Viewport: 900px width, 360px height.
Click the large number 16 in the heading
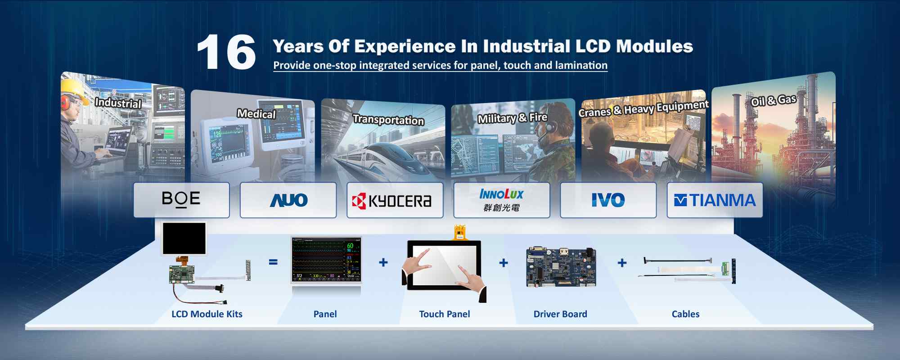(226, 53)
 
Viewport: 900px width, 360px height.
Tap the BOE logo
(181, 199)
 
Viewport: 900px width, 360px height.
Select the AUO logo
(288, 200)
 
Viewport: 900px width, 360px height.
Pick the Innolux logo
(501, 200)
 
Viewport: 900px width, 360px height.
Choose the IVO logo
(608, 200)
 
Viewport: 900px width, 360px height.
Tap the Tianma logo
(715, 200)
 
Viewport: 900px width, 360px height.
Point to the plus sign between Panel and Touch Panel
(383, 262)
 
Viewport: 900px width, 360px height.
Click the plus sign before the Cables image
(622, 262)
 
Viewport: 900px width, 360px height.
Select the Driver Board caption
(560, 314)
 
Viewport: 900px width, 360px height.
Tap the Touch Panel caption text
(445, 314)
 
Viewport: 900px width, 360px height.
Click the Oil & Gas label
(774, 100)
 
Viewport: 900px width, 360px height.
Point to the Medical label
(256, 114)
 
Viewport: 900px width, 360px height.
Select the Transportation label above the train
(388, 120)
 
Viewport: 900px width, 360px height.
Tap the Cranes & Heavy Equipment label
(643, 108)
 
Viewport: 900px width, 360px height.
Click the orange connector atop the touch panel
(459, 232)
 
